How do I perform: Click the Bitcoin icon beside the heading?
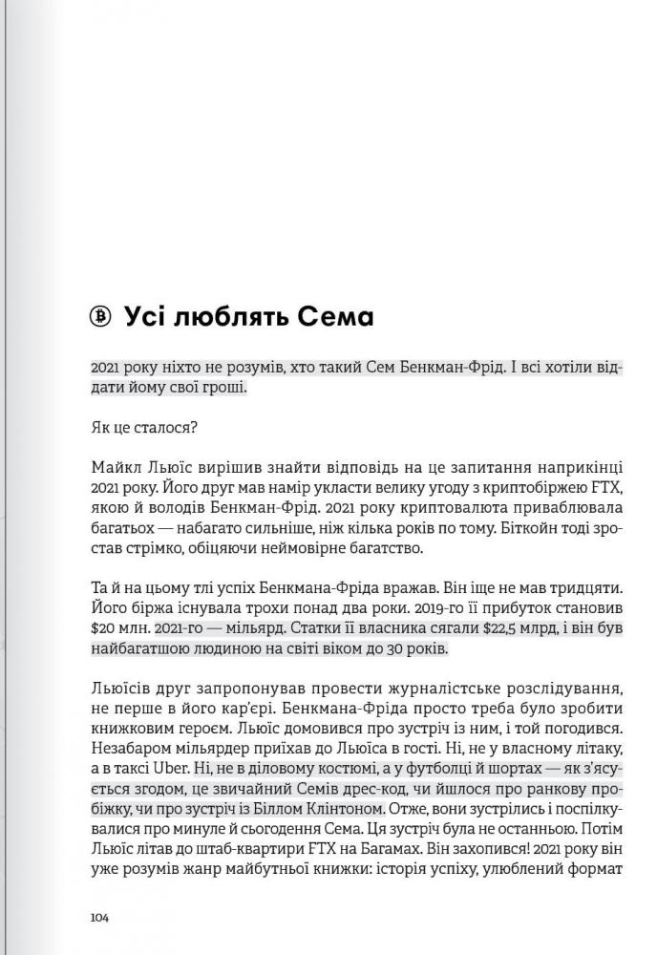click(x=101, y=316)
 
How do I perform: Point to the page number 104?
click(x=100, y=918)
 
